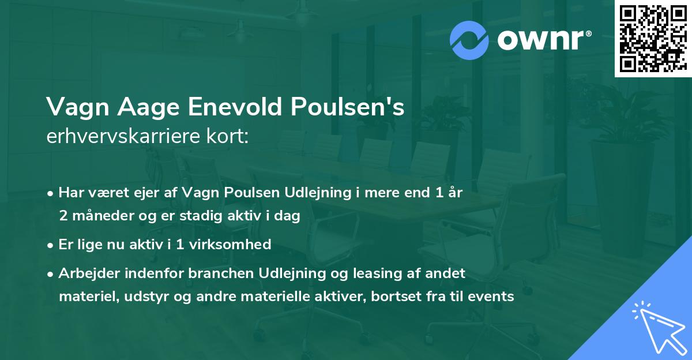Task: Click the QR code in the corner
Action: coord(653,39)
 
